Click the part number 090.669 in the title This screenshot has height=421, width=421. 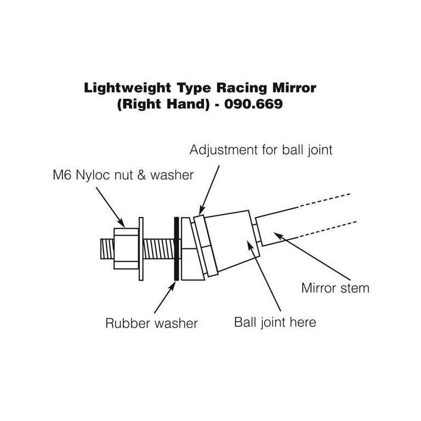coord(257,104)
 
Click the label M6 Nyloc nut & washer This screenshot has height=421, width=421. coord(120,175)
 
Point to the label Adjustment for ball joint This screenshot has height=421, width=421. coord(261,150)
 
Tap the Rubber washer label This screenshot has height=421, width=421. coord(151,323)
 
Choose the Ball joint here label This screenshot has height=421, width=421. coord(275,322)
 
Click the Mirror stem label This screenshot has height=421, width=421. coord(335,288)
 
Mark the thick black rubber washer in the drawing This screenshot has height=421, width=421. coord(176,249)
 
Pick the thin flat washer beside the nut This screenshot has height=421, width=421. coord(141,249)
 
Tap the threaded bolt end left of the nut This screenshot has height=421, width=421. coord(107,249)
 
